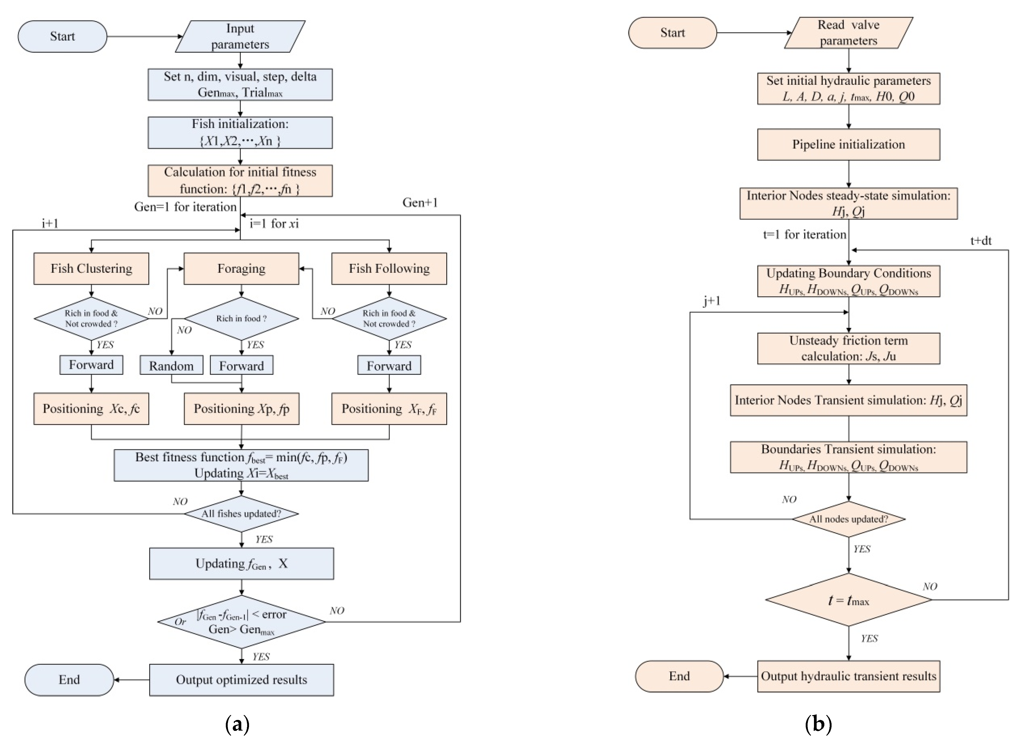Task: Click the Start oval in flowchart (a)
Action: (x=62, y=37)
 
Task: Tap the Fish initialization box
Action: (x=240, y=133)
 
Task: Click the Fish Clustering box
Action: (x=91, y=269)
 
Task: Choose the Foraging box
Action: (x=241, y=269)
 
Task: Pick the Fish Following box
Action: (x=389, y=269)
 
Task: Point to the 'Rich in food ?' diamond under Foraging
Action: (x=241, y=319)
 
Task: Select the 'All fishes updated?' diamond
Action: (x=241, y=514)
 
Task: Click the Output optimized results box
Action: (x=242, y=680)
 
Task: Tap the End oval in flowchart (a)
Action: (x=69, y=680)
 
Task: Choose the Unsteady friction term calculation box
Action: (x=849, y=348)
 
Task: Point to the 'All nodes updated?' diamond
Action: (x=849, y=519)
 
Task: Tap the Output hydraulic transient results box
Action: (x=849, y=676)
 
